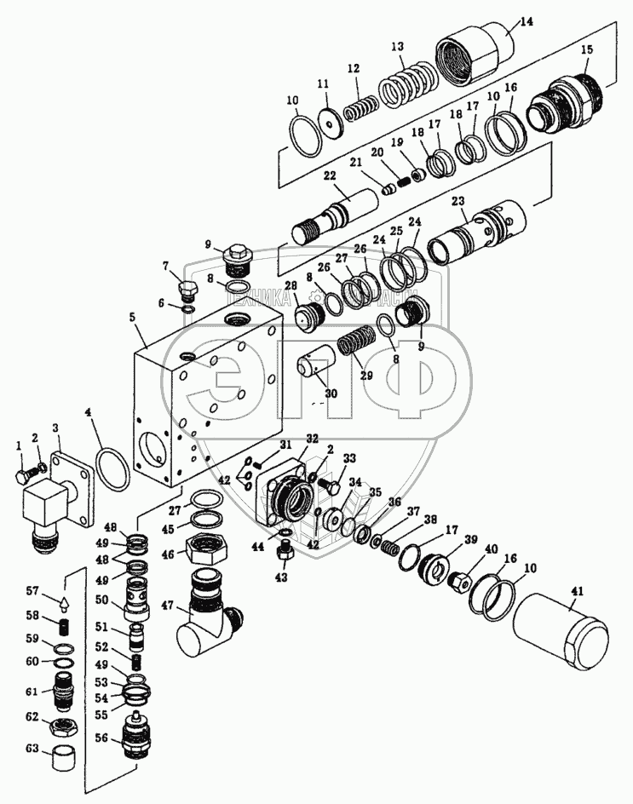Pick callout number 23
click(457, 203)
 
